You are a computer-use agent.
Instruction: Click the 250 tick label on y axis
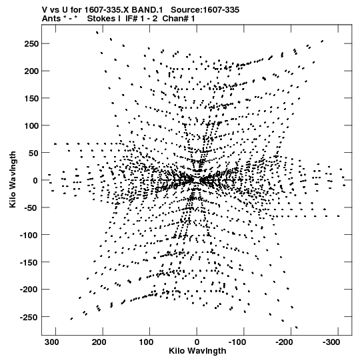31,43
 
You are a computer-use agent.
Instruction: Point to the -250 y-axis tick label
29,317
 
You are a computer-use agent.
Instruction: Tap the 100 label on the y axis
31,125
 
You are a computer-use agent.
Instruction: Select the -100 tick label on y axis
29,235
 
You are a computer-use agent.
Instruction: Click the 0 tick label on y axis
35,180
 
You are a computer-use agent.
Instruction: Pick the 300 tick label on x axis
52,342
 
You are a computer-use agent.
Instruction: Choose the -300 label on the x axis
331,342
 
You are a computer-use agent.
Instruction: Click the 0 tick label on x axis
197,342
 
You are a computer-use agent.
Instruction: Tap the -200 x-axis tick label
284,342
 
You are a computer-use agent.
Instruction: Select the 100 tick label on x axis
146,342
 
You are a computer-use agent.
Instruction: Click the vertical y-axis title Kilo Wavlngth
13,179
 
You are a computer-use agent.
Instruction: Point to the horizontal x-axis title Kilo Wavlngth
197,351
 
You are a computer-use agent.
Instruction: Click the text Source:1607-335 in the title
205,10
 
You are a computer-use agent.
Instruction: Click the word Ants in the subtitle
51,19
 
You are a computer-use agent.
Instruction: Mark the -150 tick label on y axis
29,262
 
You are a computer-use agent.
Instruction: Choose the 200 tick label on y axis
31,71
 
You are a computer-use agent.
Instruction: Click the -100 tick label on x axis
237,342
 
